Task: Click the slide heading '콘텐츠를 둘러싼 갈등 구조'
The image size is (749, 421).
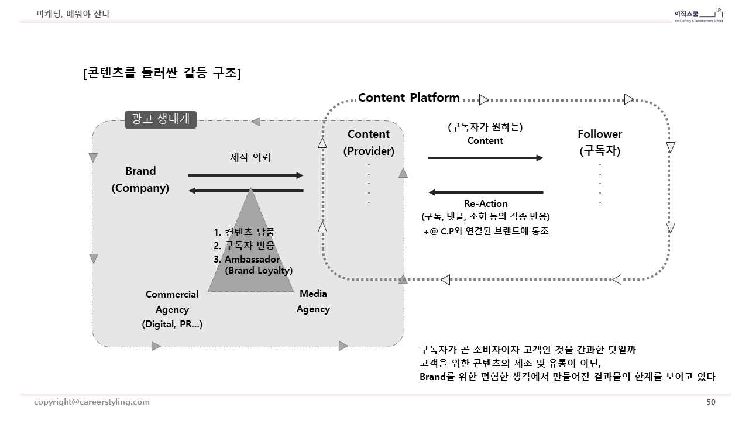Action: tap(162, 73)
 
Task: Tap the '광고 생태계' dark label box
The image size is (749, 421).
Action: tap(160, 119)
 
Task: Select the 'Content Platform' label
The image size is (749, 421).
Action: tap(408, 98)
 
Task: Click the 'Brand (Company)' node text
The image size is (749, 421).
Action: tap(140, 180)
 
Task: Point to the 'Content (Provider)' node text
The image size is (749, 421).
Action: tap(369, 143)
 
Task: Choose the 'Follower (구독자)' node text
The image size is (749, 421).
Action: tap(600, 142)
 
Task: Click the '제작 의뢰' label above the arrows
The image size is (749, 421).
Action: tap(250, 157)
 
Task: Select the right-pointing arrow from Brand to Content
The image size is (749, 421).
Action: tap(246, 175)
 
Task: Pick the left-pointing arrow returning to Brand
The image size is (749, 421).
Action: tap(246, 191)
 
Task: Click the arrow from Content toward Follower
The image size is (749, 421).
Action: tap(486, 158)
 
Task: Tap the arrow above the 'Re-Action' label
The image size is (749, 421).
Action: tap(486, 192)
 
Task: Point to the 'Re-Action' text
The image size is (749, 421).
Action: tap(486, 204)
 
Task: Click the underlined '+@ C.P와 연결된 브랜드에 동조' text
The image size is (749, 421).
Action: tap(486, 231)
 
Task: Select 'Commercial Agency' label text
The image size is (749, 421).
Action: tap(172, 302)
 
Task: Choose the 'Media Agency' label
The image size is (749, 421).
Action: tap(313, 301)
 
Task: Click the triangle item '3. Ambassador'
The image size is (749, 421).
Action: tap(247, 259)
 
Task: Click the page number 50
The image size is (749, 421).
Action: tap(711, 402)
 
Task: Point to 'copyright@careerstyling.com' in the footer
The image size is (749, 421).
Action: tap(92, 402)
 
